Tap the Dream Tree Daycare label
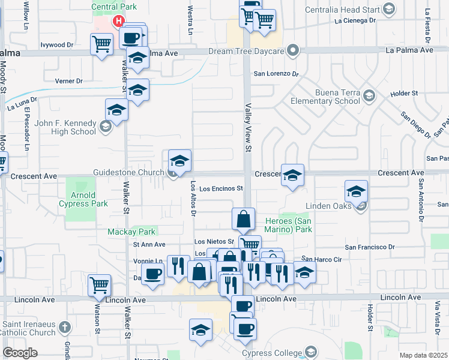pyautogui.click(x=246, y=50)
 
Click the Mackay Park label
pyautogui.click(x=131, y=232)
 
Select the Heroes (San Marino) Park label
pyautogui.click(x=289, y=225)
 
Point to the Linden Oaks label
pyautogui.click(x=327, y=206)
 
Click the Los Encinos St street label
pyautogui.click(x=221, y=188)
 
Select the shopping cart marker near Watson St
pyautogui.click(x=100, y=286)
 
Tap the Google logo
pyautogui.click(x=20, y=353)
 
